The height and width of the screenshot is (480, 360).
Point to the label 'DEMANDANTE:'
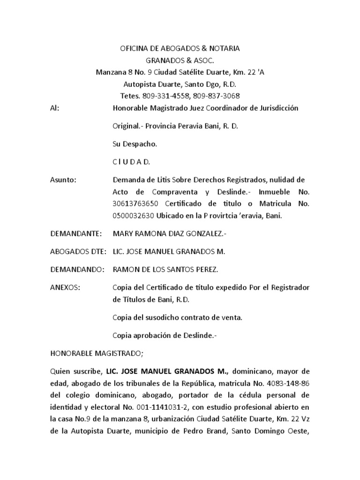[73, 233]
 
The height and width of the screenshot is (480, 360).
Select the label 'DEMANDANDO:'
[73, 270]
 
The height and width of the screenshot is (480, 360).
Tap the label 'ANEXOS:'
[65, 287]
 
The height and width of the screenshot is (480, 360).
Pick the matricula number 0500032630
[134, 216]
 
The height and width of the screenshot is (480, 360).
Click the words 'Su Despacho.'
[135, 144]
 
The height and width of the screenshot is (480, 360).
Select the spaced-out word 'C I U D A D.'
[131, 162]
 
